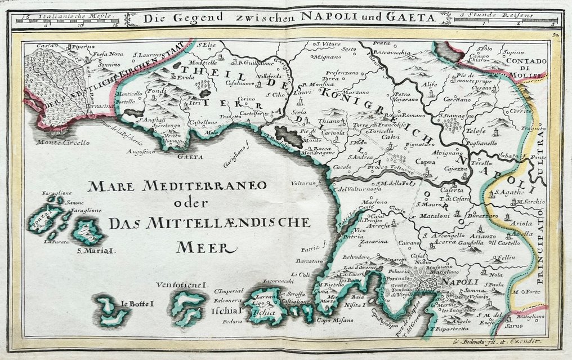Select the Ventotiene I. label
point(183,285)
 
